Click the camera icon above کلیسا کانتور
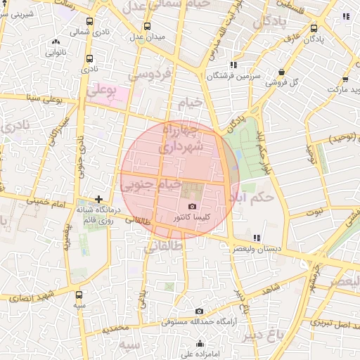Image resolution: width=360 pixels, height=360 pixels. click(193, 206)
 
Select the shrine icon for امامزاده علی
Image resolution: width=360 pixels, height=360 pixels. click(200, 344)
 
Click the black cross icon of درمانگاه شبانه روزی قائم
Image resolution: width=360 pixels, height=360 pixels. click(98, 199)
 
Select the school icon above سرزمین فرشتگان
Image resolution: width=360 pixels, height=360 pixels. click(233, 65)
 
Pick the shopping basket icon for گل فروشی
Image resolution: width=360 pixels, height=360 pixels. click(282, 72)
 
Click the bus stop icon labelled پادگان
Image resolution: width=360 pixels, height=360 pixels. click(314, 29)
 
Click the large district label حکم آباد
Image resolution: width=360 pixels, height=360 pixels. click(255, 198)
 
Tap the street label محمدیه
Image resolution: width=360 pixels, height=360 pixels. click(115, 328)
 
